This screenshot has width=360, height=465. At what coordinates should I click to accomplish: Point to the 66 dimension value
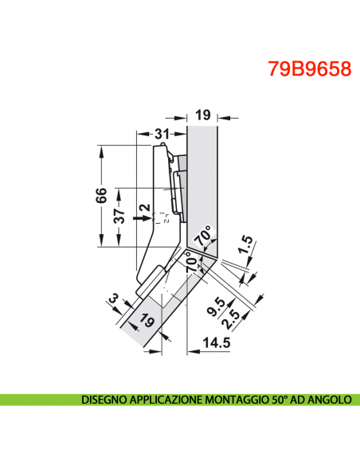point(101,196)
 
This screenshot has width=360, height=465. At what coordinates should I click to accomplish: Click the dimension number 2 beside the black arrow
point(143,212)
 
